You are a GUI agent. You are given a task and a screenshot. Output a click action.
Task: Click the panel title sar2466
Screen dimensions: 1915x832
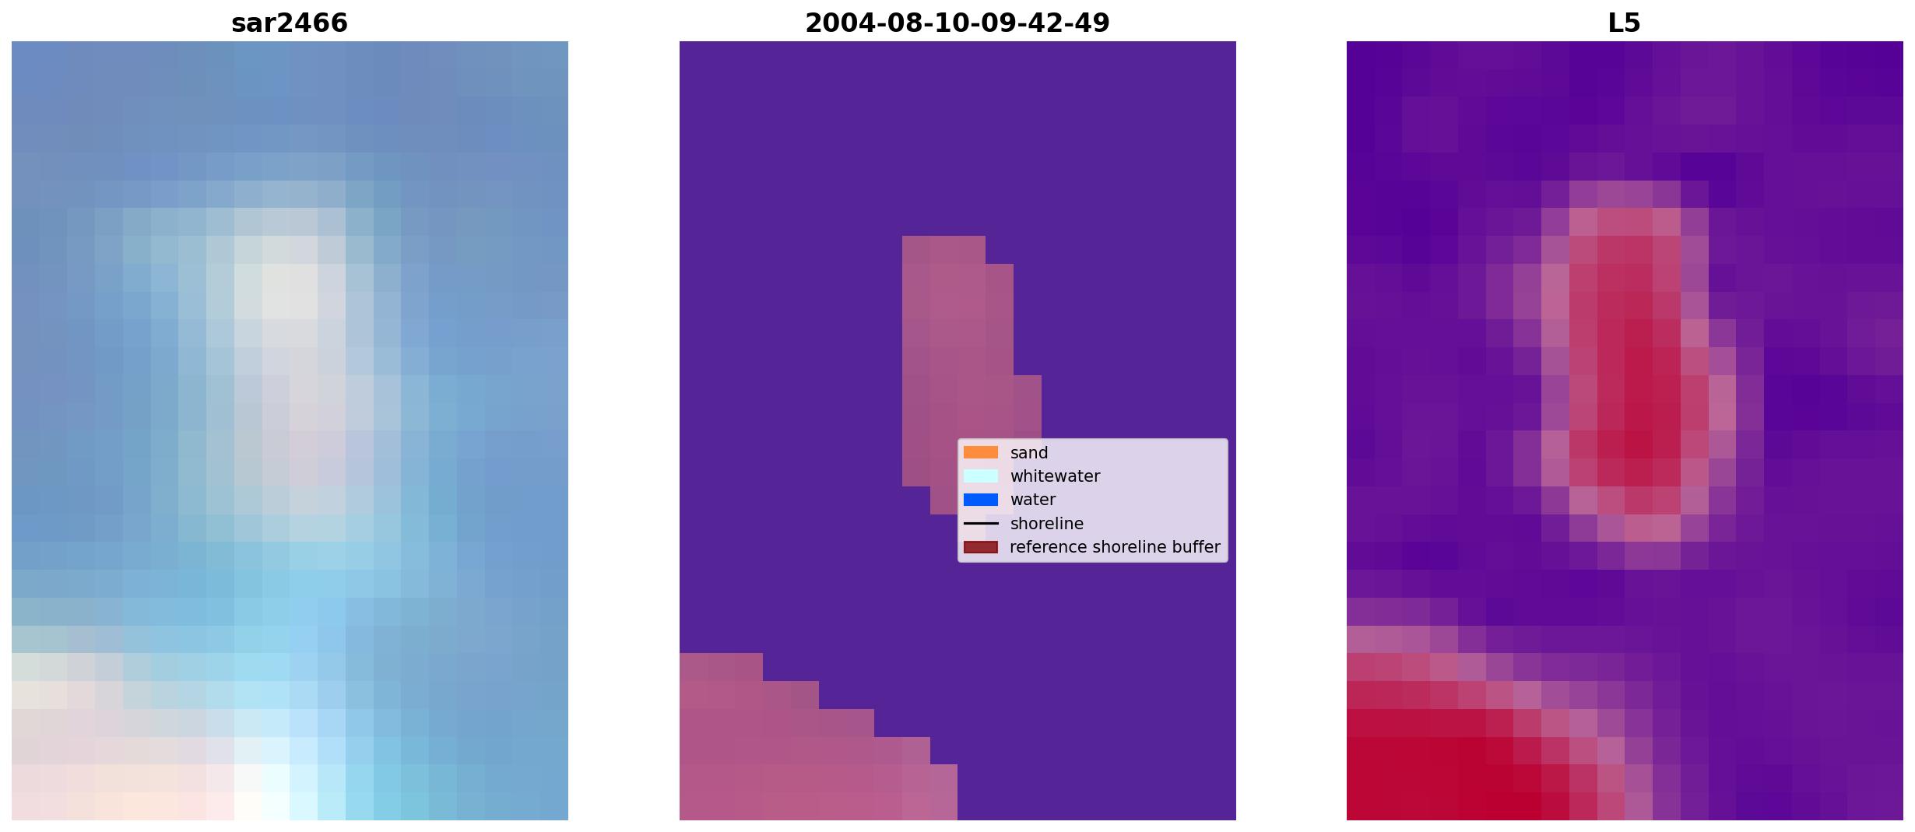pyautogui.click(x=289, y=23)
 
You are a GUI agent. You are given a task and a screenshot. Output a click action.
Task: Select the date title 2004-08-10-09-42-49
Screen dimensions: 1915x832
pyautogui.click(x=957, y=23)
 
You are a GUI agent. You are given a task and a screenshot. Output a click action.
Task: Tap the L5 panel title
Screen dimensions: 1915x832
pyautogui.click(x=1624, y=23)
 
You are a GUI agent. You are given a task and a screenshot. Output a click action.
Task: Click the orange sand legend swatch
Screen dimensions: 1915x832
pyautogui.click(x=981, y=452)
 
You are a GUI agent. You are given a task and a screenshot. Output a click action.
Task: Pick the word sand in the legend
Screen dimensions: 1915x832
pyautogui.click(x=1029, y=453)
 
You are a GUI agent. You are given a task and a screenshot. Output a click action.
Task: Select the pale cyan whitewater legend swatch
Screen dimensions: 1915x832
pyautogui.click(x=981, y=476)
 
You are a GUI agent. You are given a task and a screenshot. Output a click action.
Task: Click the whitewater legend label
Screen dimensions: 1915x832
pyautogui.click(x=1055, y=476)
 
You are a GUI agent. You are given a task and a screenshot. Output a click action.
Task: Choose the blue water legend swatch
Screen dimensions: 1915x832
pyautogui.click(x=981, y=500)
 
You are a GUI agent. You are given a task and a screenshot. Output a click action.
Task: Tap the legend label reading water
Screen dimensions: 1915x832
pyautogui.click(x=1033, y=500)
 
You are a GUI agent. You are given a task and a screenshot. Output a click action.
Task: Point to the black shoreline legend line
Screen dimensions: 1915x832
pyautogui.click(x=981, y=524)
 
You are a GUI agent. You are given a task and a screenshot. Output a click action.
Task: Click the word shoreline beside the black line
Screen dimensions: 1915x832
pyautogui.click(x=1047, y=524)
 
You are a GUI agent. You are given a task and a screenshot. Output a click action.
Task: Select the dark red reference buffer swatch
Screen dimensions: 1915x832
pyautogui.click(x=981, y=547)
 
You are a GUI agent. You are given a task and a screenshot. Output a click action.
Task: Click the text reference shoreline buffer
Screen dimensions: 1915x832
pyautogui.click(x=1115, y=547)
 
